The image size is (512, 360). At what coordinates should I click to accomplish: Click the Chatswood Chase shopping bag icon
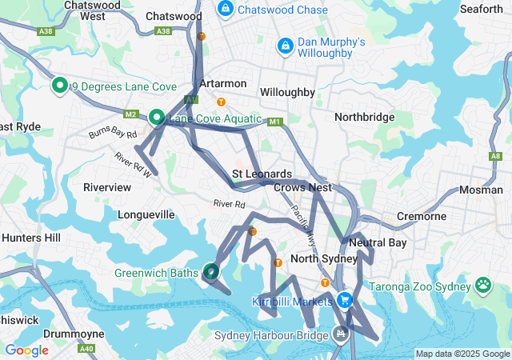(x=226, y=10)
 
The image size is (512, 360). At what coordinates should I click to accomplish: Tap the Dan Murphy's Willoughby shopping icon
(x=285, y=47)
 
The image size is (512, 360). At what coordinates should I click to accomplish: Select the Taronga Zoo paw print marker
(x=483, y=285)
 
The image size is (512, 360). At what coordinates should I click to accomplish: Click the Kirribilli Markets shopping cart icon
(x=344, y=301)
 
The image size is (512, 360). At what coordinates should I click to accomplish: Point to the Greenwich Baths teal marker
(x=211, y=272)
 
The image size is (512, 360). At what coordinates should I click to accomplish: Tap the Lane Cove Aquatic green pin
(x=157, y=118)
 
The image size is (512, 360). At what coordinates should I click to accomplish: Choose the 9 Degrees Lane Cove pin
(x=58, y=85)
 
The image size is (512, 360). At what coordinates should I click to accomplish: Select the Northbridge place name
(x=364, y=117)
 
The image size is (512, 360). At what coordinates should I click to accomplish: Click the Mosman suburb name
(x=481, y=190)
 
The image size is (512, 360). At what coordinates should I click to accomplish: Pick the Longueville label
(x=146, y=214)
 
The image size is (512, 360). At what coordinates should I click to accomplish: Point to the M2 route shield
(x=131, y=114)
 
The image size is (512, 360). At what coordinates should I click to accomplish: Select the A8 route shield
(x=496, y=156)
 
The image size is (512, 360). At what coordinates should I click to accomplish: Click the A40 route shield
(x=86, y=349)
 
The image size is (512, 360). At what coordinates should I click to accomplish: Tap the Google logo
(x=27, y=350)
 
